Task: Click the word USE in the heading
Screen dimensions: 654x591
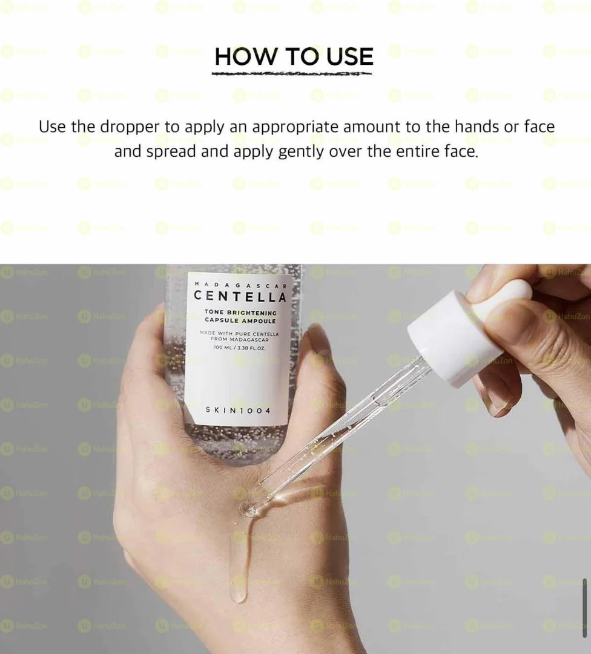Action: pyautogui.click(x=349, y=56)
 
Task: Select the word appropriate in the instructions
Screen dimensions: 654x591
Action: pyautogui.click(x=295, y=127)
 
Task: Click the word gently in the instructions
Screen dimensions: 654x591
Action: pyautogui.click(x=301, y=151)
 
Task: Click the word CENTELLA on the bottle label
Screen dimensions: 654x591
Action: pyautogui.click(x=240, y=297)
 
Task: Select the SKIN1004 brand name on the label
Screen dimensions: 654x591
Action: pyautogui.click(x=239, y=410)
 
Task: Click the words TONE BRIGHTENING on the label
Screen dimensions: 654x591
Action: pyautogui.click(x=240, y=312)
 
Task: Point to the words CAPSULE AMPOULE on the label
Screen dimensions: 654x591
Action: pyautogui.click(x=240, y=321)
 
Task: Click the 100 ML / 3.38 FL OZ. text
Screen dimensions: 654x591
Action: pyautogui.click(x=240, y=348)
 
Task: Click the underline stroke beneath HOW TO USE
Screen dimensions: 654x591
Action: pyautogui.click(x=292, y=74)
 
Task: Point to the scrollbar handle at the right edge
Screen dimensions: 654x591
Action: pyautogui.click(x=584, y=599)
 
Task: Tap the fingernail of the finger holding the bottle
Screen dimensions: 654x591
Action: pyautogui.click(x=319, y=340)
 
